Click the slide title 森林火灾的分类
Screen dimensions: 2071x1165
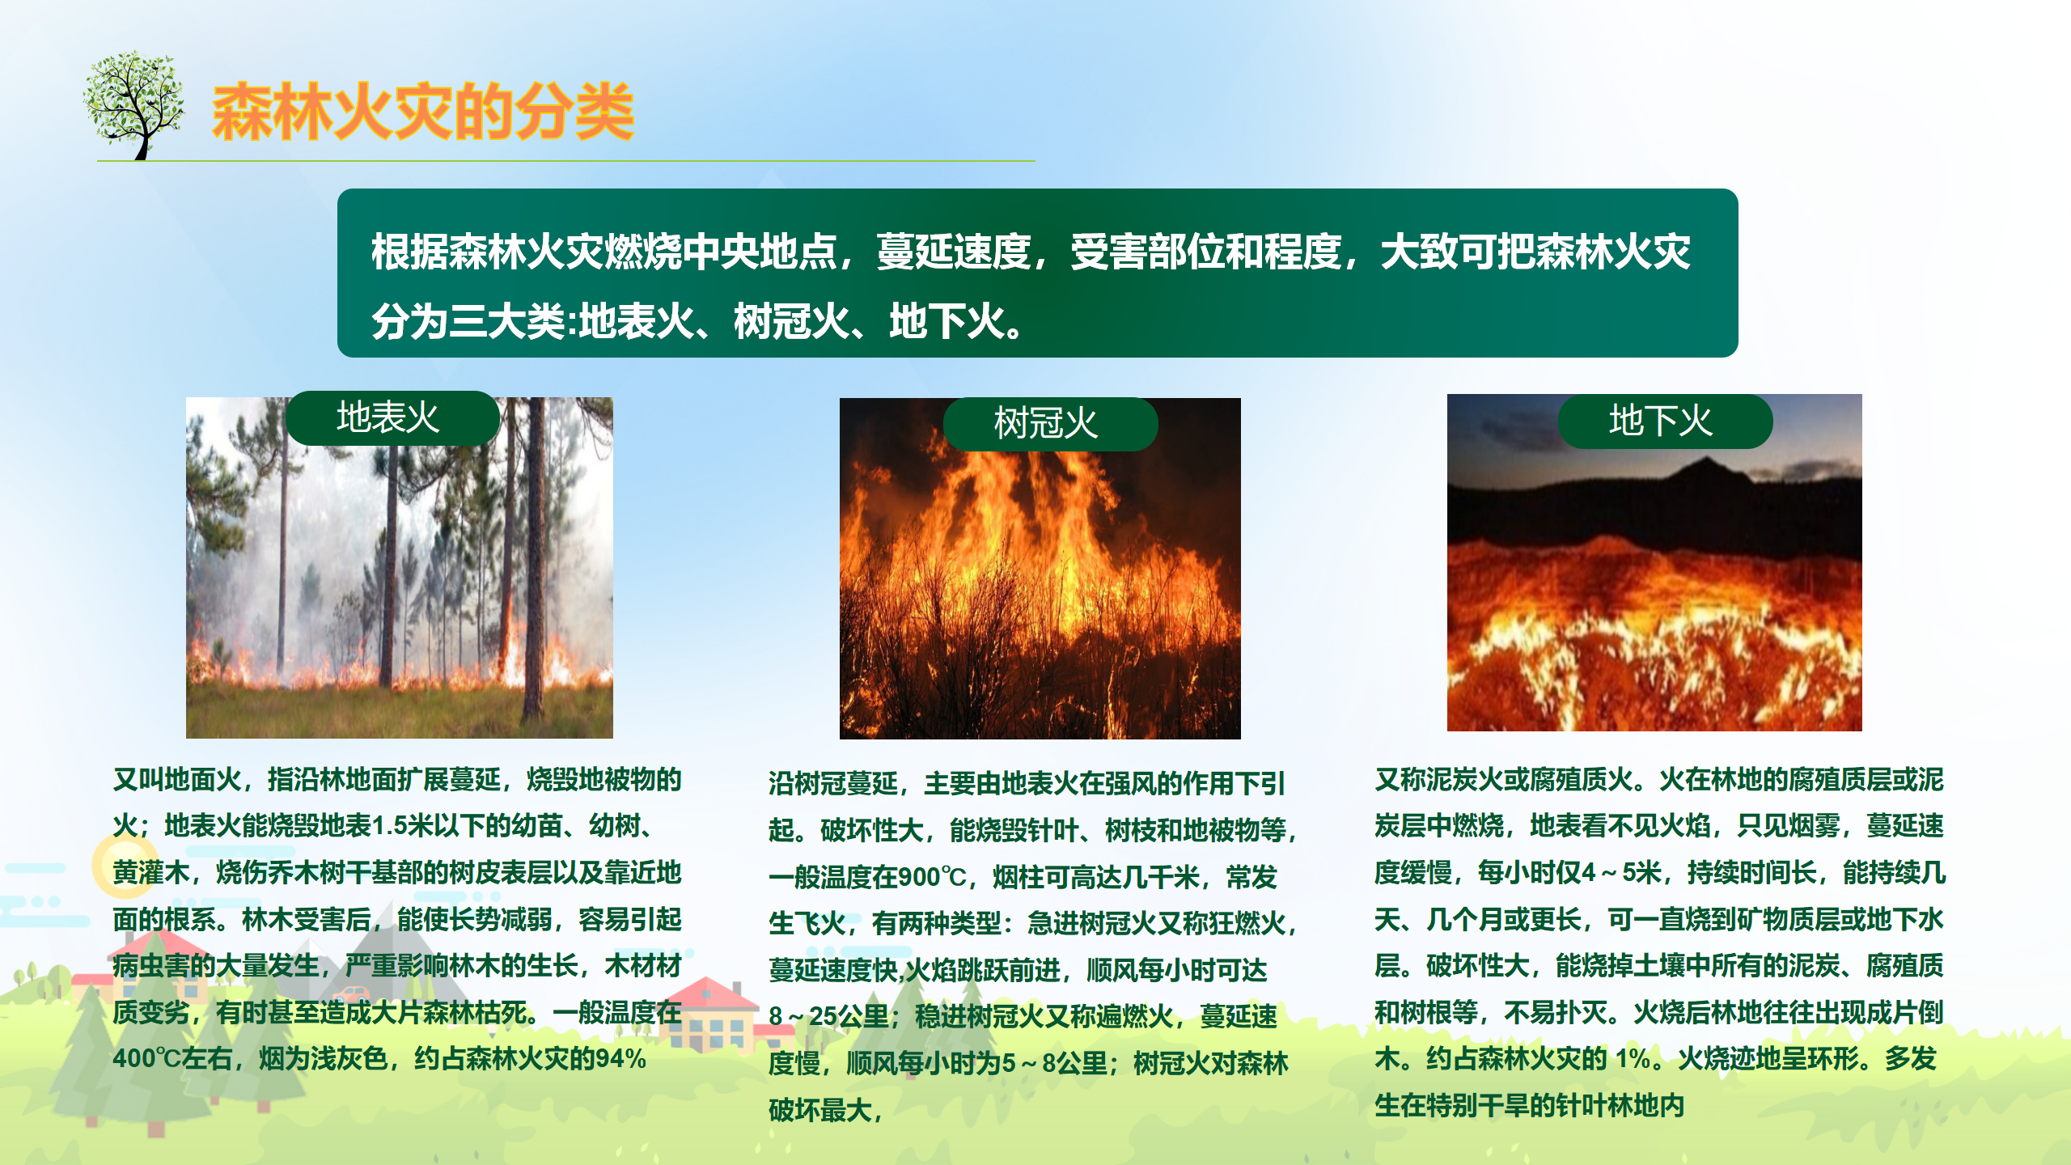pos(422,111)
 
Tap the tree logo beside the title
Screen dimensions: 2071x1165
pos(133,105)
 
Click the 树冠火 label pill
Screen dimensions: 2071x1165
pos(1050,424)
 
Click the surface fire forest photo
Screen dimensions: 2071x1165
pos(400,568)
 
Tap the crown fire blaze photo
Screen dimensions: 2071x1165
pos(1040,569)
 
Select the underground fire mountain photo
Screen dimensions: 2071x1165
pos(1654,563)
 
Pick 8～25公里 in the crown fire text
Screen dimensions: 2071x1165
pos(829,1016)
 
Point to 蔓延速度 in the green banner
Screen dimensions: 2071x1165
pos(954,252)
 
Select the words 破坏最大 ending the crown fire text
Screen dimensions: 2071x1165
pos(820,1110)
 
